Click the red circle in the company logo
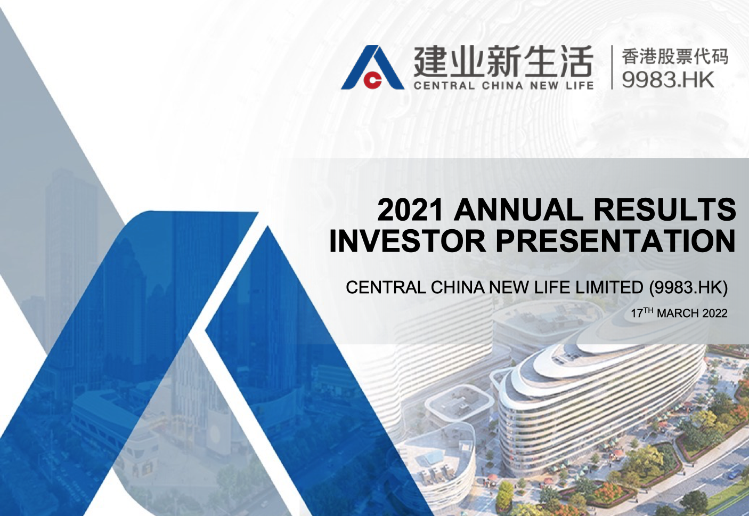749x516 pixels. tap(372, 80)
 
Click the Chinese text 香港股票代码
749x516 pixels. tap(675, 56)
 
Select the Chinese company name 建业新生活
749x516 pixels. tap(503, 62)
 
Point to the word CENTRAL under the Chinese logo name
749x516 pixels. tap(444, 86)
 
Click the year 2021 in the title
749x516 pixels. tap(410, 210)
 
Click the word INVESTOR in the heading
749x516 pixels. tap(408, 240)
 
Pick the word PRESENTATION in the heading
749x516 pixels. tap(616, 240)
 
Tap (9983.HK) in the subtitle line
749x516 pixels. tap(688, 287)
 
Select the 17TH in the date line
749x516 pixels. tap(642, 312)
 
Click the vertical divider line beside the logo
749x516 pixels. tap(612, 67)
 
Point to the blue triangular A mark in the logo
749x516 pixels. tap(373, 67)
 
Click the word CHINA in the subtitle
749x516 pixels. tap(457, 287)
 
